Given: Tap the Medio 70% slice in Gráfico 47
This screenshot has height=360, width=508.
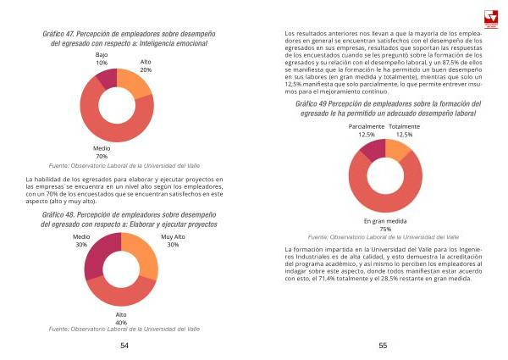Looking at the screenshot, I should tap(116, 131).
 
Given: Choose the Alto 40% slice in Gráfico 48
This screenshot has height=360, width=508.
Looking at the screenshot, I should tap(121, 296).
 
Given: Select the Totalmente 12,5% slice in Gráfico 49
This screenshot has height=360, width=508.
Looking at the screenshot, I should tap(396, 151).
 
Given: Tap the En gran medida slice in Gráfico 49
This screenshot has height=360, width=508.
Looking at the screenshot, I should tap(385, 199).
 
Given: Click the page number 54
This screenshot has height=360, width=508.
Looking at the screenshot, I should tap(124, 345).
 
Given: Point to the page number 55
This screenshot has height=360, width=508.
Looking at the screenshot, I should tap(383, 345).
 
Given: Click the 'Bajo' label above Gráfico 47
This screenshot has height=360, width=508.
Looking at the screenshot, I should tap(102, 54).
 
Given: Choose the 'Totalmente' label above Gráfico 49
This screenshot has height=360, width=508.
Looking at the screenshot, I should tap(403, 126).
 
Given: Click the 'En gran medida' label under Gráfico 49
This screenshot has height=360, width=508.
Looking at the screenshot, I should tap(385, 221).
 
